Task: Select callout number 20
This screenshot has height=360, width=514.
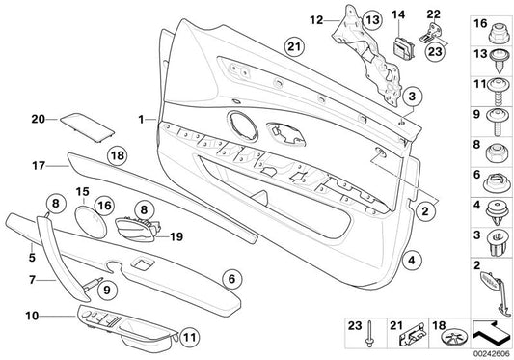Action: click(x=38, y=119)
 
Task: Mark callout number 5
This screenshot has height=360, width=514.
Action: click(x=31, y=258)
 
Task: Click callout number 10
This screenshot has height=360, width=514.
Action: click(x=32, y=315)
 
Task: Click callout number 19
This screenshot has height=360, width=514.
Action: click(x=176, y=235)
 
